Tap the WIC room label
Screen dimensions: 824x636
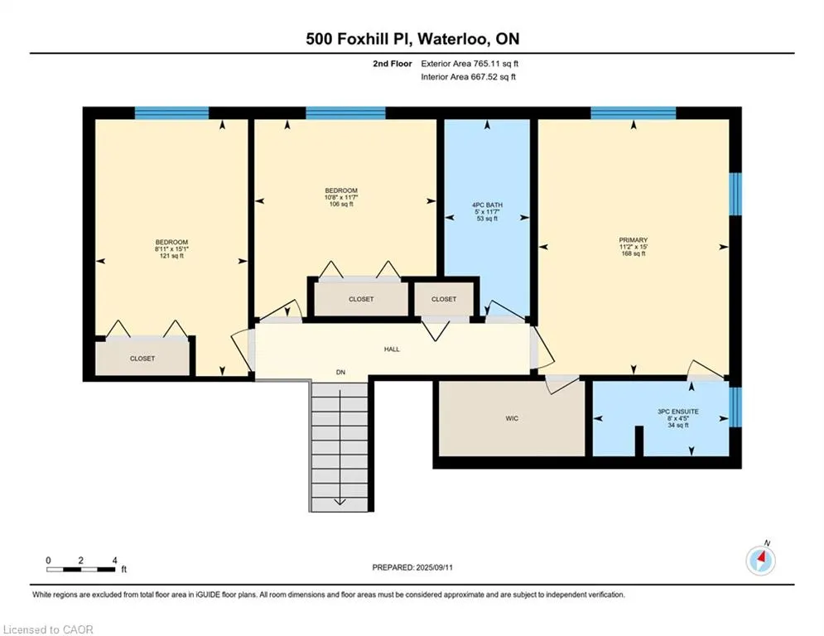pos(512,418)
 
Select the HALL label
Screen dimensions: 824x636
pos(392,349)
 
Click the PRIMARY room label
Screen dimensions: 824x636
pos(634,239)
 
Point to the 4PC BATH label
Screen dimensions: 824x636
pos(487,205)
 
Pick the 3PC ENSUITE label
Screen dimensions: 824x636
pos(678,412)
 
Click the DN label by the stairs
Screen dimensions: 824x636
pos(340,372)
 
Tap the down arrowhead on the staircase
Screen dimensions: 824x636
pos(340,502)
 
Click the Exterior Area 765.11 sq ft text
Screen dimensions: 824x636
pos(470,64)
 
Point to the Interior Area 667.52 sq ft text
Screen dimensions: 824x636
pos(468,77)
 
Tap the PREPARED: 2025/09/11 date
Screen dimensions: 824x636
pos(412,567)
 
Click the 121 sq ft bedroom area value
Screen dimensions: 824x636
pos(171,256)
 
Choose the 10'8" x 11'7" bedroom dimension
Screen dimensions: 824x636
pos(341,197)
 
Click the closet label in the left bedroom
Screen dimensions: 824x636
pos(142,359)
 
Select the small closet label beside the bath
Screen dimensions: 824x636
pos(444,299)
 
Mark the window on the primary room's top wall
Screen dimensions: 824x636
pos(634,113)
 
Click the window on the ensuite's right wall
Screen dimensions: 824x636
pos(735,407)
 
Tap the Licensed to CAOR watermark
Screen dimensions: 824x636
pos(48,629)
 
